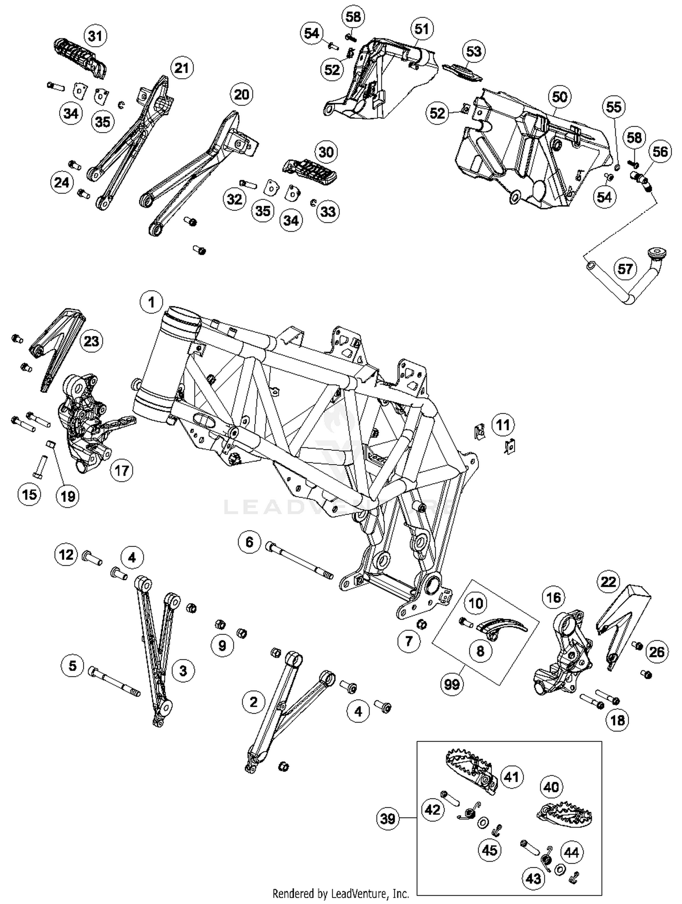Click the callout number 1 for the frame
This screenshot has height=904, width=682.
tap(151, 302)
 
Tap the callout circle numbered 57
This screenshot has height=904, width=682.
tap(625, 268)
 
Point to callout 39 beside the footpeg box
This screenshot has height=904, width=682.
tap(388, 819)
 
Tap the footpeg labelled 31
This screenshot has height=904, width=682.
tap(81, 58)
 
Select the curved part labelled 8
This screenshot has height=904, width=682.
tap(502, 626)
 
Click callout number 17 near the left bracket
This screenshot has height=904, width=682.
tap(121, 470)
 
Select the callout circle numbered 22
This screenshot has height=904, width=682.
tap(609, 581)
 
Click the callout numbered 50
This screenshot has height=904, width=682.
tap(560, 97)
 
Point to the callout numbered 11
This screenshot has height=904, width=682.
tap(502, 425)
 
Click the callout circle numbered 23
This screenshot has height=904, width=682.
tap(91, 341)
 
